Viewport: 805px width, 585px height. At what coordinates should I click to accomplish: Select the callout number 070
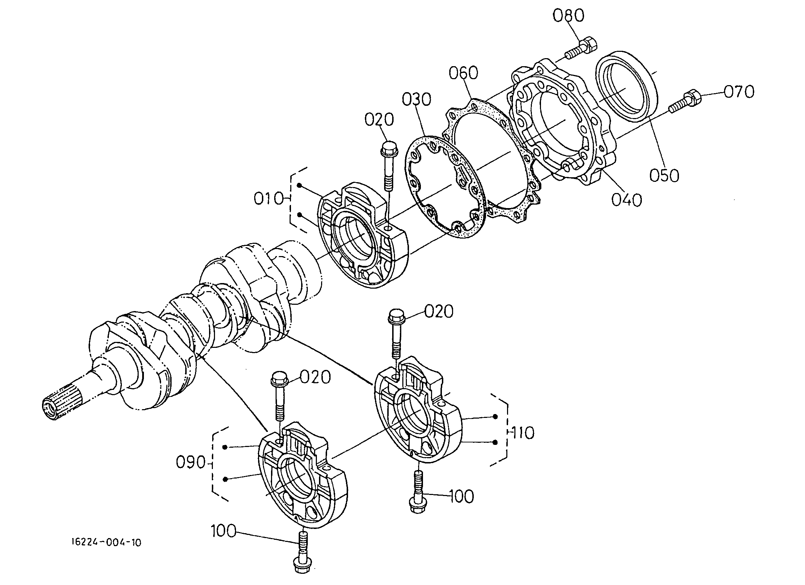coord(739,92)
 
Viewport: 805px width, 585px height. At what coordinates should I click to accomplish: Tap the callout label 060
coord(463,73)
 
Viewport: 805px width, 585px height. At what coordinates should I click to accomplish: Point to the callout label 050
coord(665,175)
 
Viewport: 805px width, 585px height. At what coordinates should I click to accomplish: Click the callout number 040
coord(626,200)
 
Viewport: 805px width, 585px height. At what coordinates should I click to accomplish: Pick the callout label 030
coord(416,99)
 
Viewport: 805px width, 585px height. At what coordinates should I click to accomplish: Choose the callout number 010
coord(269,199)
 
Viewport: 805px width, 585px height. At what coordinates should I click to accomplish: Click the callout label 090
coord(191,462)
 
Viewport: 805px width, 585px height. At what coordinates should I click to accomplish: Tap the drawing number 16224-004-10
coord(106,542)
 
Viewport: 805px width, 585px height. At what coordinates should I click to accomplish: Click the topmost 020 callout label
coord(379,120)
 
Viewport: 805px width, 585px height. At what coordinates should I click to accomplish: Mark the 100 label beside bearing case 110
coord(462,496)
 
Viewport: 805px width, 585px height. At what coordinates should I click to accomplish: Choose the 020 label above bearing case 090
coord(315,377)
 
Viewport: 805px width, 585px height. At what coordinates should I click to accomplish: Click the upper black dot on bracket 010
coord(300,185)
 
